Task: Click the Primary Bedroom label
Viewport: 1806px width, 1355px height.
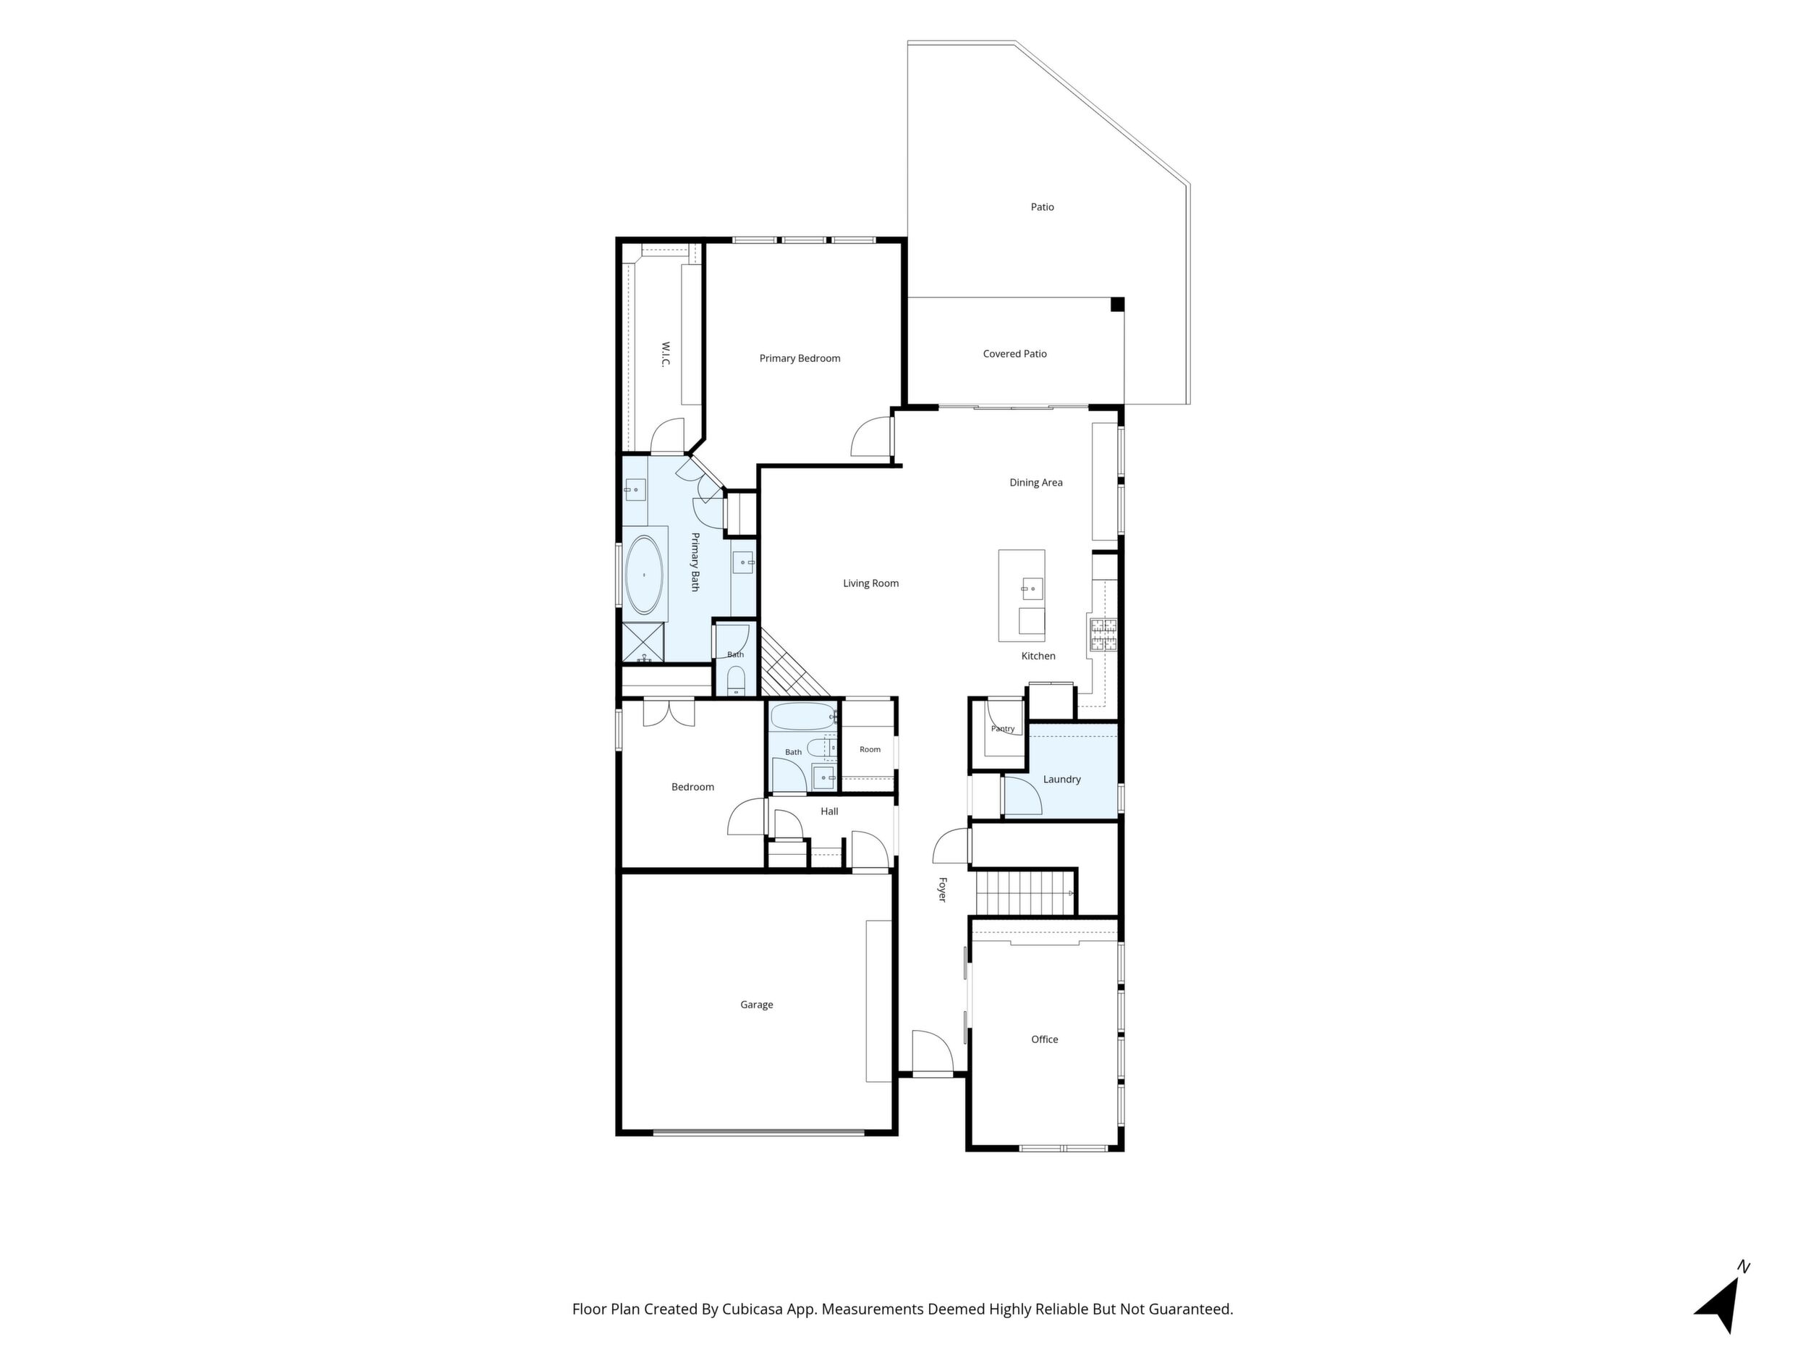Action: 800,358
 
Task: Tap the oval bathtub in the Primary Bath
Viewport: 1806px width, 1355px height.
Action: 644,575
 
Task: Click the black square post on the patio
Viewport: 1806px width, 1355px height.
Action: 1117,305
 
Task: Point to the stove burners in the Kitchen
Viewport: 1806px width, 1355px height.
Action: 1103,635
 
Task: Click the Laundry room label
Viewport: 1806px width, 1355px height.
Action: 1061,779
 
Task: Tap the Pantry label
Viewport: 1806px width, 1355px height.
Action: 1003,729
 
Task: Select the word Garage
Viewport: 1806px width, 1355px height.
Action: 756,1005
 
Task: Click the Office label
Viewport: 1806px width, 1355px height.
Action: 1044,1039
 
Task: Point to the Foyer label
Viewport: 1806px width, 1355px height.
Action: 942,890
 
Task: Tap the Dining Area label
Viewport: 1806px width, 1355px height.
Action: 1036,483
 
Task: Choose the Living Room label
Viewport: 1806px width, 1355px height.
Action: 870,583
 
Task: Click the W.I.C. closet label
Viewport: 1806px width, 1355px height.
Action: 666,355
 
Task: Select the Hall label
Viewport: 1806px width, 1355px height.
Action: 829,811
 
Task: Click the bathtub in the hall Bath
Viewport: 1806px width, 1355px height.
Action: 803,717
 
